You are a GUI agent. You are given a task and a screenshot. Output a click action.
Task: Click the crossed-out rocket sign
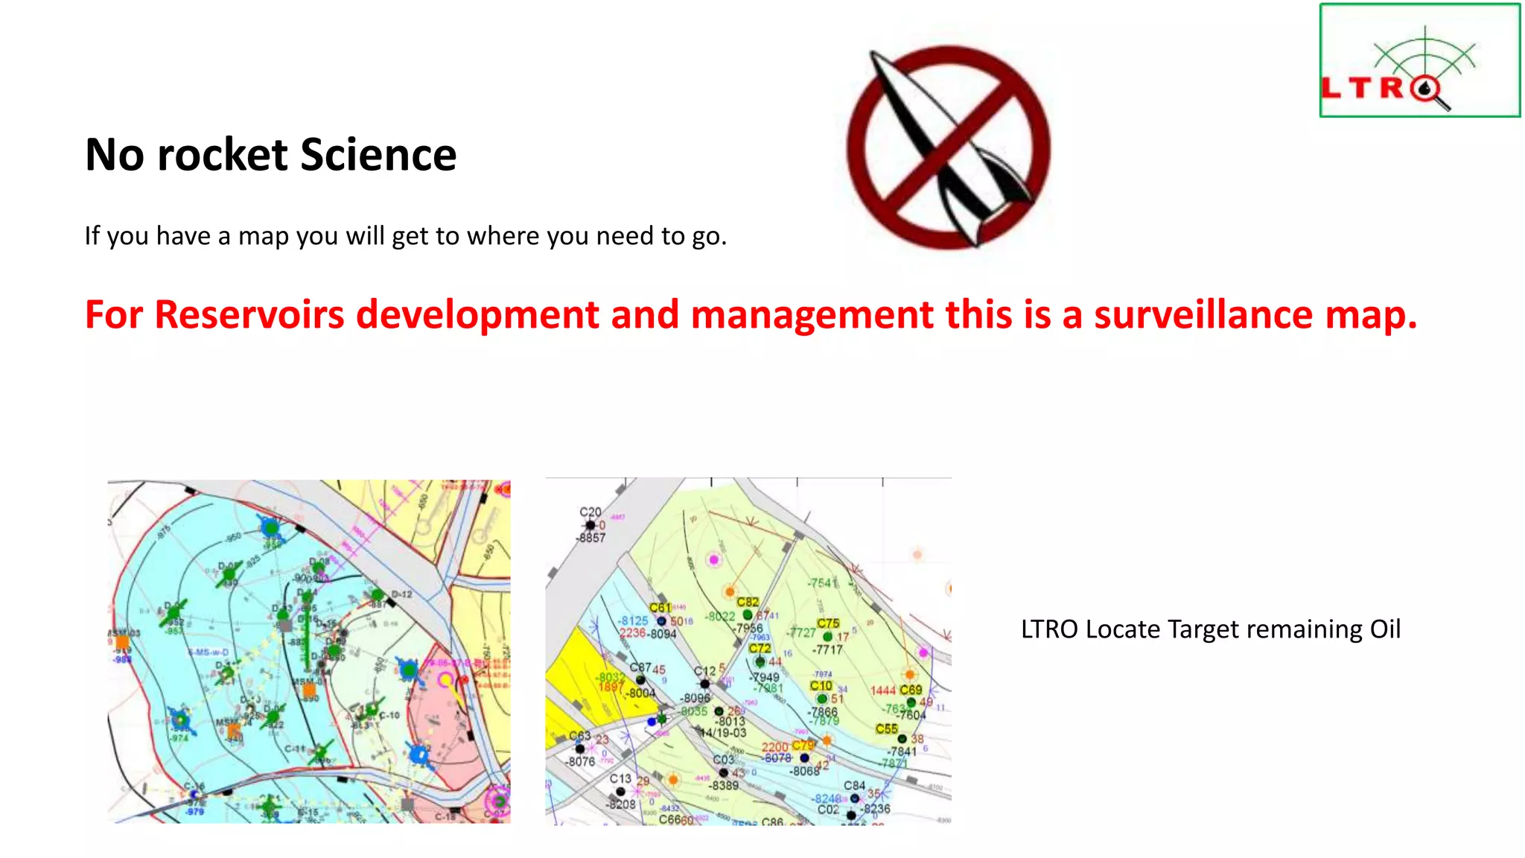948,147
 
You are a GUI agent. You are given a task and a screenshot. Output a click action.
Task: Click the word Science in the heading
378,155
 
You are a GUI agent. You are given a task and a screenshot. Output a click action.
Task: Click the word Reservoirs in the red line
249,314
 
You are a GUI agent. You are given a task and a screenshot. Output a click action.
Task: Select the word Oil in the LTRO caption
1384,629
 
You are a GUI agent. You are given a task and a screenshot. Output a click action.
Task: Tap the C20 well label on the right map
590,512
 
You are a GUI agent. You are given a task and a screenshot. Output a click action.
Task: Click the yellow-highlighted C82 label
748,602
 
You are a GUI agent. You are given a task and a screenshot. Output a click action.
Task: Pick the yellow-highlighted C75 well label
828,623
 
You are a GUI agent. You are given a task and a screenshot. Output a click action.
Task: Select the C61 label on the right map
660,608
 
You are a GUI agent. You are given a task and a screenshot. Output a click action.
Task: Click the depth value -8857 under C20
591,538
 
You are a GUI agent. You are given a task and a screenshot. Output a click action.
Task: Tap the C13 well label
620,778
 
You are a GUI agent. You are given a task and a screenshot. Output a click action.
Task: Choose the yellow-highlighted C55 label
886,729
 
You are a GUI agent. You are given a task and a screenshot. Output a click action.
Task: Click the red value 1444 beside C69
883,691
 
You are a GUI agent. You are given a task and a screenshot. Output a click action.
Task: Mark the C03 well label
723,760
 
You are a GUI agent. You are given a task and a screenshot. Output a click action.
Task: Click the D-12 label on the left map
401,594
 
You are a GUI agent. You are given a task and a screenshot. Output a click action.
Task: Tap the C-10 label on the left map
389,715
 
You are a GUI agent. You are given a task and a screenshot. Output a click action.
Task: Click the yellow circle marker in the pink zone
446,679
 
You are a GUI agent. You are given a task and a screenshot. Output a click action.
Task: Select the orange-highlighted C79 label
803,746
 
